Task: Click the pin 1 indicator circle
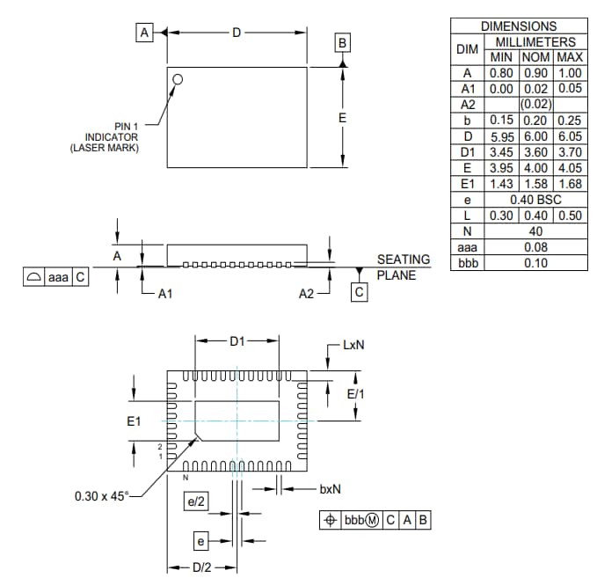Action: [x=178, y=79]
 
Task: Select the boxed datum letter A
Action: [x=144, y=33]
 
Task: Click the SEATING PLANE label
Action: [x=404, y=267]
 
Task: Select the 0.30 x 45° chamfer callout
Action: [x=102, y=495]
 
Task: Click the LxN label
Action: [x=353, y=345]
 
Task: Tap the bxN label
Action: [x=330, y=487]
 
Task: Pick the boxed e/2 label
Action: [x=195, y=501]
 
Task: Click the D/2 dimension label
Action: [x=201, y=566]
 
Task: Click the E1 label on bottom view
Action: [x=134, y=422]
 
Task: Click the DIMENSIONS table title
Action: [x=518, y=26]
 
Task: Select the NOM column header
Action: [x=535, y=57]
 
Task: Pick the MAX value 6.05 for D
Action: [x=570, y=136]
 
